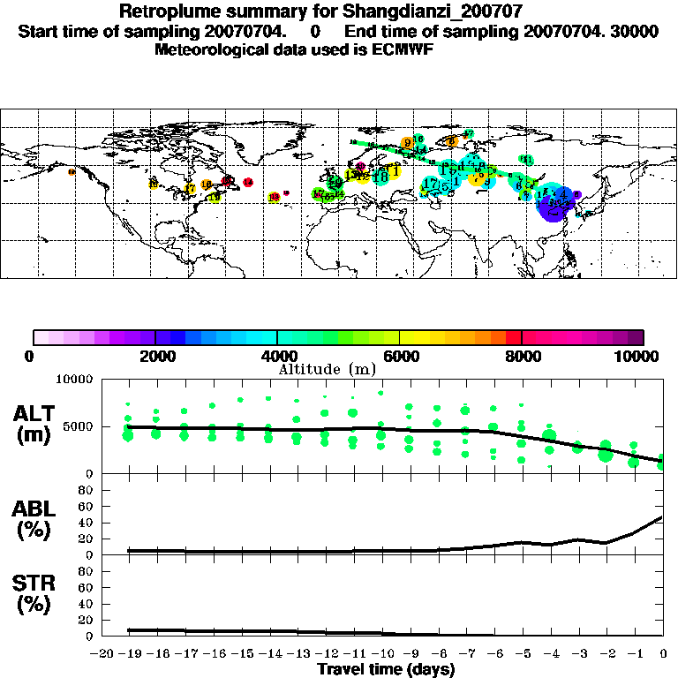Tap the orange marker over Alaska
(x=72, y=172)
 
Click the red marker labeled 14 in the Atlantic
(x=248, y=182)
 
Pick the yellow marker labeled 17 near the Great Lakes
(x=191, y=189)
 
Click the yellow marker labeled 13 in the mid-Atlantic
(x=275, y=197)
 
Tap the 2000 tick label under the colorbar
(x=155, y=356)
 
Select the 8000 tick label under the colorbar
(x=522, y=356)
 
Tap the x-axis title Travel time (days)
(x=386, y=669)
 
